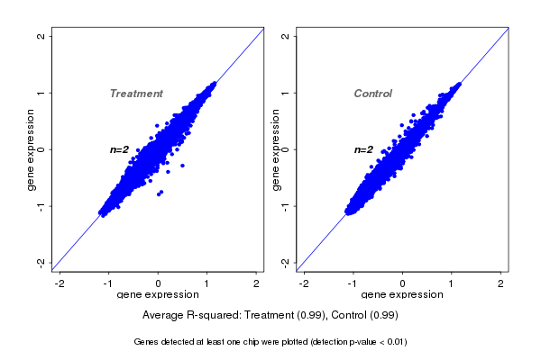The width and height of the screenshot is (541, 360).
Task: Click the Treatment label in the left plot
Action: pos(136,94)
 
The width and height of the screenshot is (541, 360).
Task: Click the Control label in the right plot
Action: pos(372,94)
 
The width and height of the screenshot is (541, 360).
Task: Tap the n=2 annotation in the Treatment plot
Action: pos(120,149)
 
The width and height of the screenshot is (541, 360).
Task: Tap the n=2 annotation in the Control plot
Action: pos(363,149)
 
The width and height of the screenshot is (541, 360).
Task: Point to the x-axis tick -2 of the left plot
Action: pos(60,283)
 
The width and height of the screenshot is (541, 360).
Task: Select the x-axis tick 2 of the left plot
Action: pos(257,283)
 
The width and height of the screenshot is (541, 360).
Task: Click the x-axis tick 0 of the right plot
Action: pos(402,283)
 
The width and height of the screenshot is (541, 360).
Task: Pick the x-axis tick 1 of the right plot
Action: pos(452,283)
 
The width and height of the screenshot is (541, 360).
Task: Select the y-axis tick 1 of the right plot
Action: pos(285,93)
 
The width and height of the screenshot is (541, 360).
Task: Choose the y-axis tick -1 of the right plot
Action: pos(285,206)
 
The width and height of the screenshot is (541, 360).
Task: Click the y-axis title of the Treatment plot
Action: pos(31,149)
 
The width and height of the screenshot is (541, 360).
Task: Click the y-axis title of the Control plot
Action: pos(274,149)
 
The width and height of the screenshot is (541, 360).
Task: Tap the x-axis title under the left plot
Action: pos(159,295)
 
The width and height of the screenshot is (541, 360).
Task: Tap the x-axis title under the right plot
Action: pos(402,295)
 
